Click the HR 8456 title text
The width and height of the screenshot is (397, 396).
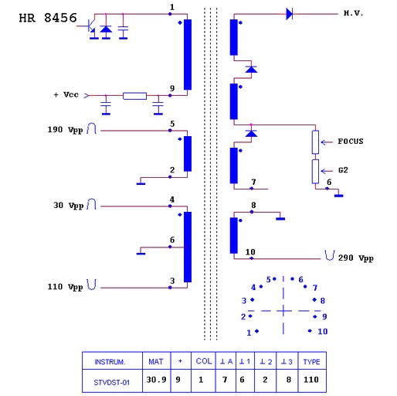[48, 18]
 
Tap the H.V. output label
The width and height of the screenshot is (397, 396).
[353, 13]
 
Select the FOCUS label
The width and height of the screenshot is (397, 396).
[351, 142]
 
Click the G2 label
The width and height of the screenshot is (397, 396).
[343, 170]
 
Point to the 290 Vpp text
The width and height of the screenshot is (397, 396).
[355, 258]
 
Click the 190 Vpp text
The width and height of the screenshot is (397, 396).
[65, 129]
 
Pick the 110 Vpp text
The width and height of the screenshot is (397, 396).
[65, 287]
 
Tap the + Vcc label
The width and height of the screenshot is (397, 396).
[66, 94]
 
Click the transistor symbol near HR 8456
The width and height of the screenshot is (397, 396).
[89, 26]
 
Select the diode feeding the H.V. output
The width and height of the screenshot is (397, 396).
[290, 14]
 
